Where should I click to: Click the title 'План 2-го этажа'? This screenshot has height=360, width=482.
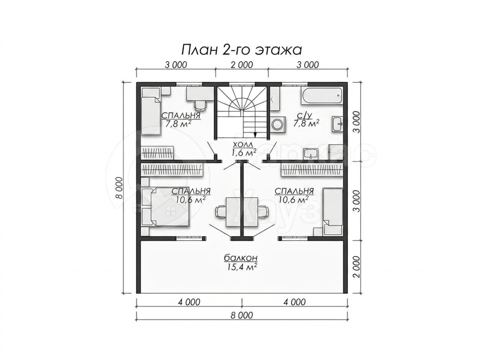pyautogui.click(x=241, y=50)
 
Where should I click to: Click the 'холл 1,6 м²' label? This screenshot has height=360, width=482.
pyautogui.click(x=243, y=148)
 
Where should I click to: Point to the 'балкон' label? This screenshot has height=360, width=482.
pyautogui.click(x=241, y=258)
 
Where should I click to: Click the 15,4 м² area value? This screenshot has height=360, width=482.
pyautogui.click(x=241, y=267)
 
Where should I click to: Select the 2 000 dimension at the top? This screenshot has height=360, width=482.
pyautogui.click(x=242, y=65)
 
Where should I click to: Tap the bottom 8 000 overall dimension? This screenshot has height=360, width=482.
pyautogui.click(x=242, y=315)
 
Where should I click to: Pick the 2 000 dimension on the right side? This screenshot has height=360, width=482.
pyautogui.click(x=357, y=266)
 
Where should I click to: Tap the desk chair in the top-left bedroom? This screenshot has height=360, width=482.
pyautogui.click(x=200, y=105)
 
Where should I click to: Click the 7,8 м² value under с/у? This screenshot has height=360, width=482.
pyautogui.click(x=306, y=124)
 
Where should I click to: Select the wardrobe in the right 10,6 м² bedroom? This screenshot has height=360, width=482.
pyautogui.click(x=312, y=170)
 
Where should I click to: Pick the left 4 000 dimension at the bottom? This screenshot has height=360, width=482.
pyautogui.click(x=189, y=302)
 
